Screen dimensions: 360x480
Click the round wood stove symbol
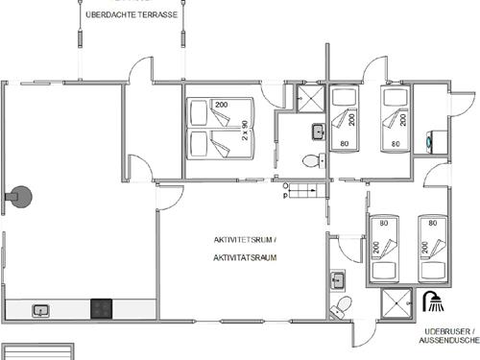[21, 198]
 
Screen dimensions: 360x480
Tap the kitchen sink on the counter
[42, 310]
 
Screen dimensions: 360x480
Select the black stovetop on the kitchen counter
[103, 309]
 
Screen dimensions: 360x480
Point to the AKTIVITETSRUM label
[244, 239]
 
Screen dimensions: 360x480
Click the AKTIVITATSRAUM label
[244, 257]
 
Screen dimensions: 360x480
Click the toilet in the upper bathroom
[309, 161]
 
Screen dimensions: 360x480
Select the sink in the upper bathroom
[317, 132]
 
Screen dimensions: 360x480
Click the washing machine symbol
[431, 139]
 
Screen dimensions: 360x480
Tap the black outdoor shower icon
[434, 302]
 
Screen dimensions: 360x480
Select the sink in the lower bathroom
[338, 280]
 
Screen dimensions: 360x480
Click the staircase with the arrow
[304, 191]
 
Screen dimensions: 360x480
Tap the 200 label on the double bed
[223, 105]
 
